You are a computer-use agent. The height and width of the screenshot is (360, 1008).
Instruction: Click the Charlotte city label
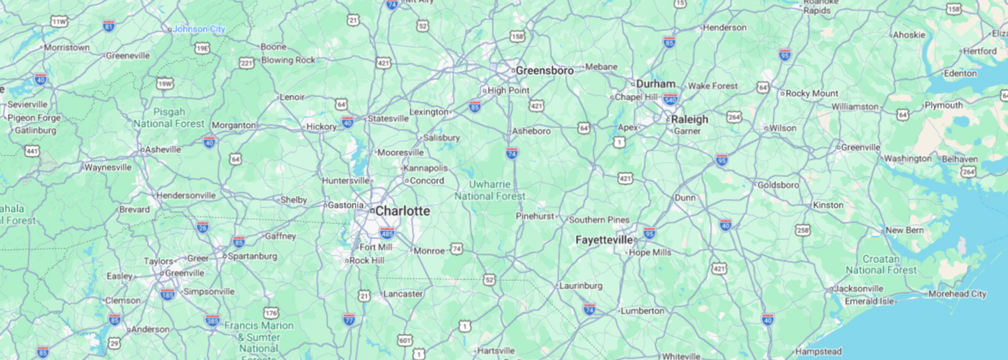pos(402,212)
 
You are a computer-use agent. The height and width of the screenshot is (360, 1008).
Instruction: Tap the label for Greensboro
pos(544,71)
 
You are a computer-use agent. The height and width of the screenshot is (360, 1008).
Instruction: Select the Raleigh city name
pos(689,120)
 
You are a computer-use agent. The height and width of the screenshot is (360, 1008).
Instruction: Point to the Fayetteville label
pos(604,240)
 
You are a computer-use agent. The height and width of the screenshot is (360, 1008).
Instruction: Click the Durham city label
pos(655,84)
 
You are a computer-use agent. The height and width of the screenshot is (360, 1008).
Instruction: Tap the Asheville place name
pos(163,149)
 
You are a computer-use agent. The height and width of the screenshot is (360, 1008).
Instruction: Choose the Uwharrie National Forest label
pos(490,190)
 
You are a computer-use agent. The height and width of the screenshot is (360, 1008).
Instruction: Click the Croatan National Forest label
pos(881,264)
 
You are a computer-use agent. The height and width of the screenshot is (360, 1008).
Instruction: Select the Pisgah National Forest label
pos(168,117)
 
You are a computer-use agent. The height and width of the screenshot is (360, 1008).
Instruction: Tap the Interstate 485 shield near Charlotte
pos(387,233)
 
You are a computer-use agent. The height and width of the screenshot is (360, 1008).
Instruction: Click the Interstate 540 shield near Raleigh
pos(671,99)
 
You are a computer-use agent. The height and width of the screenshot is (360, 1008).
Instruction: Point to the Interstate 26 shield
pos(203,228)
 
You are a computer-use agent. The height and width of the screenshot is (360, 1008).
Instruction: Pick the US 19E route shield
pos(202,48)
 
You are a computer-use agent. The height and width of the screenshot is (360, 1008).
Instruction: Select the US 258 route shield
pos(804,230)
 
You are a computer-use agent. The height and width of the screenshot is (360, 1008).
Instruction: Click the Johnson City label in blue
pos(199,29)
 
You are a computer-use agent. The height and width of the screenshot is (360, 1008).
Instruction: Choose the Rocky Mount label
pos(811,93)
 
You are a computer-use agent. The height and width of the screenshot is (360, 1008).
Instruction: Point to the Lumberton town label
pos(642,311)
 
